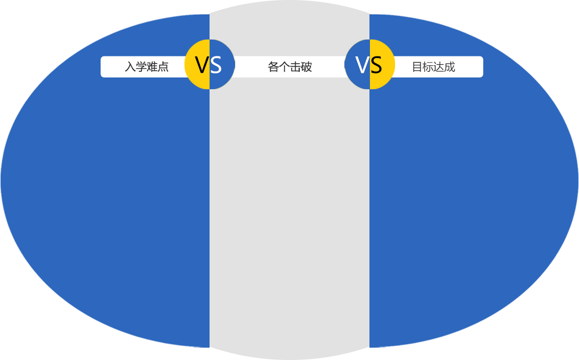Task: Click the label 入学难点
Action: pyautogui.click(x=147, y=67)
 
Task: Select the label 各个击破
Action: pyautogui.click(x=289, y=67)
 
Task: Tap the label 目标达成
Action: pyautogui.click(x=433, y=67)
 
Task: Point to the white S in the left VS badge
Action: pyautogui.click(x=216, y=65)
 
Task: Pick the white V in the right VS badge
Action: pyautogui.click(x=362, y=65)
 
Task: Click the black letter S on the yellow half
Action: pyautogui.click(x=376, y=65)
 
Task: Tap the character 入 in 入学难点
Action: pyautogui.click(x=130, y=67)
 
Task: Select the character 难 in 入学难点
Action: pyautogui.click(x=152, y=67)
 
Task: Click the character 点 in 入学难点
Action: pyautogui.click(x=163, y=67)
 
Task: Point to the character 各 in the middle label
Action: pyautogui.click(x=273, y=67)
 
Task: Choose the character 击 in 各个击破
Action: pyautogui.click(x=295, y=67)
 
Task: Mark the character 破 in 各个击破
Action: pyautogui.click(x=306, y=67)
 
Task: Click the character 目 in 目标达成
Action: pyautogui.click(x=417, y=67)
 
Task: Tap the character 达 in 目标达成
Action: pyautogui.click(x=439, y=67)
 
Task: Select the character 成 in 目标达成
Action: pyautogui.click(x=450, y=67)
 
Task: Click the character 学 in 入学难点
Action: pyautogui.click(x=141, y=67)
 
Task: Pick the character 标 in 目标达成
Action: pyautogui.click(x=428, y=67)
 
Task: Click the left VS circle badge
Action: pyautogui.click(x=210, y=64)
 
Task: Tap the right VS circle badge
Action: pyautogui.click(x=369, y=64)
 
